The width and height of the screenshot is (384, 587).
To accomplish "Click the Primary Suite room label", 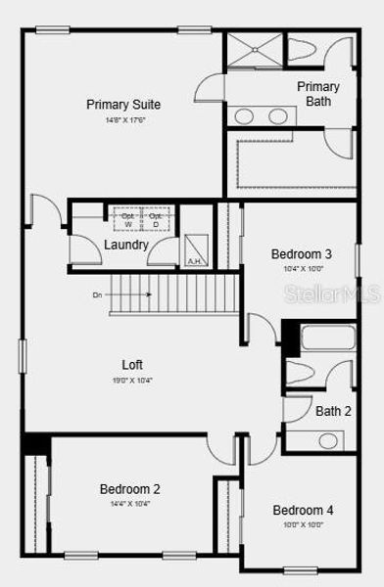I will pyautogui.click(x=123, y=105).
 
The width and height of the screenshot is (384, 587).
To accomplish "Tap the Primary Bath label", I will pyautogui.click(x=318, y=94).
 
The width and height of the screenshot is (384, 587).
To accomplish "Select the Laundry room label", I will pyautogui.click(x=126, y=245).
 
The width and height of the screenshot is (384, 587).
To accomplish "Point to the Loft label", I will pyautogui.click(x=133, y=365).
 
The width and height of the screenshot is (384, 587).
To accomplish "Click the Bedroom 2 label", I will pyautogui.click(x=129, y=489).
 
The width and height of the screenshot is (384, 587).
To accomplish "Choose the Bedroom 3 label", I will pyautogui.click(x=302, y=254).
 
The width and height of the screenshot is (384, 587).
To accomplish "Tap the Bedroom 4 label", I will pyautogui.click(x=303, y=510).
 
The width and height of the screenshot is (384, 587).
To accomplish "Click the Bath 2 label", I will pyautogui.click(x=333, y=411).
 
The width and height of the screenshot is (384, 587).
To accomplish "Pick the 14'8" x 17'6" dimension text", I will pyautogui.click(x=123, y=120).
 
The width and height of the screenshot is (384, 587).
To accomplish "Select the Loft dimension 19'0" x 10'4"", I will pyautogui.click(x=133, y=380).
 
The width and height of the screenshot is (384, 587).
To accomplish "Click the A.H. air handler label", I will pyautogui.click(x=194, y=261).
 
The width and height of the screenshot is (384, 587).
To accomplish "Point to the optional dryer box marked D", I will pyautogui.click(x=155, y=220).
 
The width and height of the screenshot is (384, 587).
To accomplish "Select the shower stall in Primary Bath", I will pyautogui.click(x=255, y=51).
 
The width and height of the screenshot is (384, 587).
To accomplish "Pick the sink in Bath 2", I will pyautogui.click(x=327, y=440).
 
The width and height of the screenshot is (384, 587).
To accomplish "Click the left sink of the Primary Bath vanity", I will pyautogui.click(x=245, y=116).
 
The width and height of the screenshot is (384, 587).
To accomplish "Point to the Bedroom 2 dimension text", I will pyautogui.click(x=129, y=505).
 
